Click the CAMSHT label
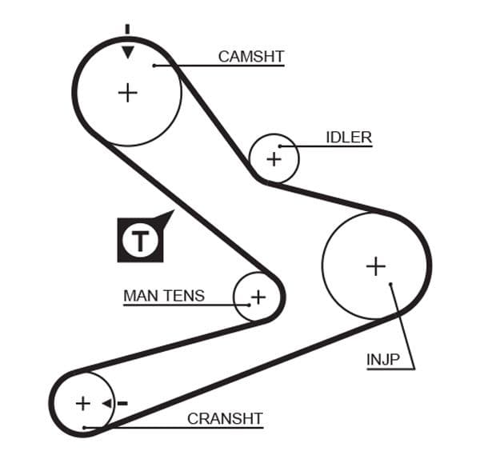251,56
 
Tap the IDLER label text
349,137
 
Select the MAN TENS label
164,296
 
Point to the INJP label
382,360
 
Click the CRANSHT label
225,418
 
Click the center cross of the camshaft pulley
127,92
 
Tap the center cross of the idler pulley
274,158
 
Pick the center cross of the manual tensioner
258,297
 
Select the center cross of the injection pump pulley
375,265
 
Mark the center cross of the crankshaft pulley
82,403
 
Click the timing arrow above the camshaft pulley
127,53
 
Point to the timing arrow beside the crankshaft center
106,403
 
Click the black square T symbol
141,239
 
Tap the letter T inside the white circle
141,240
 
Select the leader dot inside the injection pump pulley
390,284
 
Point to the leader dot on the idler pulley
280,146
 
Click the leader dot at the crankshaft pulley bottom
85,428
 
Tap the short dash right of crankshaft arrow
122,403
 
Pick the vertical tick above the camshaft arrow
127,30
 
